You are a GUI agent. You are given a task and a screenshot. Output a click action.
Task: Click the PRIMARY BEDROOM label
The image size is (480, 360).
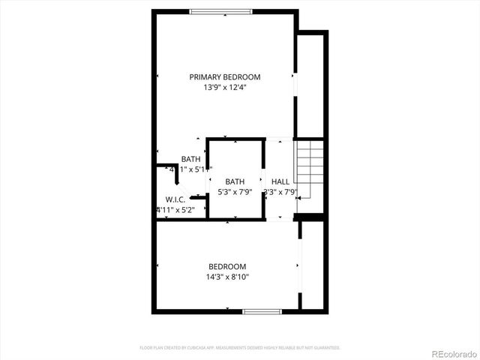pos(224,76)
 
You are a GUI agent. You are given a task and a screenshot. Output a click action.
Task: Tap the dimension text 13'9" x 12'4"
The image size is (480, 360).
pos(224,87)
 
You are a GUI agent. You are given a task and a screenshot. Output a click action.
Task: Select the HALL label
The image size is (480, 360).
pos(280,181)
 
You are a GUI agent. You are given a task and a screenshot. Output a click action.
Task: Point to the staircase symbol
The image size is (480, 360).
pos(309,177)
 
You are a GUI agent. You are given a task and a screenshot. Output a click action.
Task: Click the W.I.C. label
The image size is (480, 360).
pos(175,199)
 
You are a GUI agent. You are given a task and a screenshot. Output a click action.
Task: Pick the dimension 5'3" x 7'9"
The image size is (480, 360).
pos(235,192)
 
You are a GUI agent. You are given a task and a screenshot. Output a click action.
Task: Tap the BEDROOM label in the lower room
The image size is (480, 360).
pos(226,266)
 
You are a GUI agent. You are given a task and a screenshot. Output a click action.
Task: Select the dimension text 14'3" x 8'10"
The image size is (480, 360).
pos(226,277)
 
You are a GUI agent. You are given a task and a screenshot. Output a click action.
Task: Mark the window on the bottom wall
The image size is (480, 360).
pos(261,311)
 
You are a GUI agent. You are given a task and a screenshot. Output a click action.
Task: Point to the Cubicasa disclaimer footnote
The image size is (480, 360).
pos(240,348)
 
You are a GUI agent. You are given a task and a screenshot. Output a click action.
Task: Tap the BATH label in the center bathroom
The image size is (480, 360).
pos(235,181)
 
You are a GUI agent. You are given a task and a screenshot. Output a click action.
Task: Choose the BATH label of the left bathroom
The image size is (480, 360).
pos(190,159)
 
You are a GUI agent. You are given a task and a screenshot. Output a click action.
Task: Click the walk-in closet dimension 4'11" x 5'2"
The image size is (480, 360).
pos(175,210)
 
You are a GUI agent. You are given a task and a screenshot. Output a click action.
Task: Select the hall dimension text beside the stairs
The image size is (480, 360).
pos(280,192)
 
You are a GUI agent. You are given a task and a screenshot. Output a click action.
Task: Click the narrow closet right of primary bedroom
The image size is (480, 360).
pos(310,86)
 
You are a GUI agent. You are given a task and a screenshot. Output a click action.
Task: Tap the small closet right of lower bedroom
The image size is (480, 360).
pos(313,265)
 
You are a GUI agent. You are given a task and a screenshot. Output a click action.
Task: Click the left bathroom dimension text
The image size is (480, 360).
pos(190,169)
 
